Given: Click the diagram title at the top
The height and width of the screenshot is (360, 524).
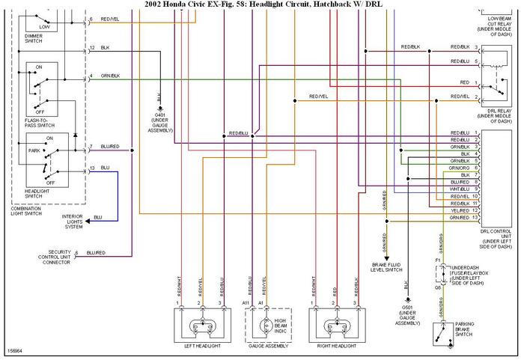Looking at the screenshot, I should (262, 4).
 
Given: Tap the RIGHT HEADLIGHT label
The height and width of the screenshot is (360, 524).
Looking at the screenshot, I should (336, 346).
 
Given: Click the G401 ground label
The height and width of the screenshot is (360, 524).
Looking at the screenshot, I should (159, 123).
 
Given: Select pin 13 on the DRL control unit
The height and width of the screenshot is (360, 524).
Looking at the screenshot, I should (476, 217).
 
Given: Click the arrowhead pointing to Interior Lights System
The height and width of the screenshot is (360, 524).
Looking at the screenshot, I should (88, 220).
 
